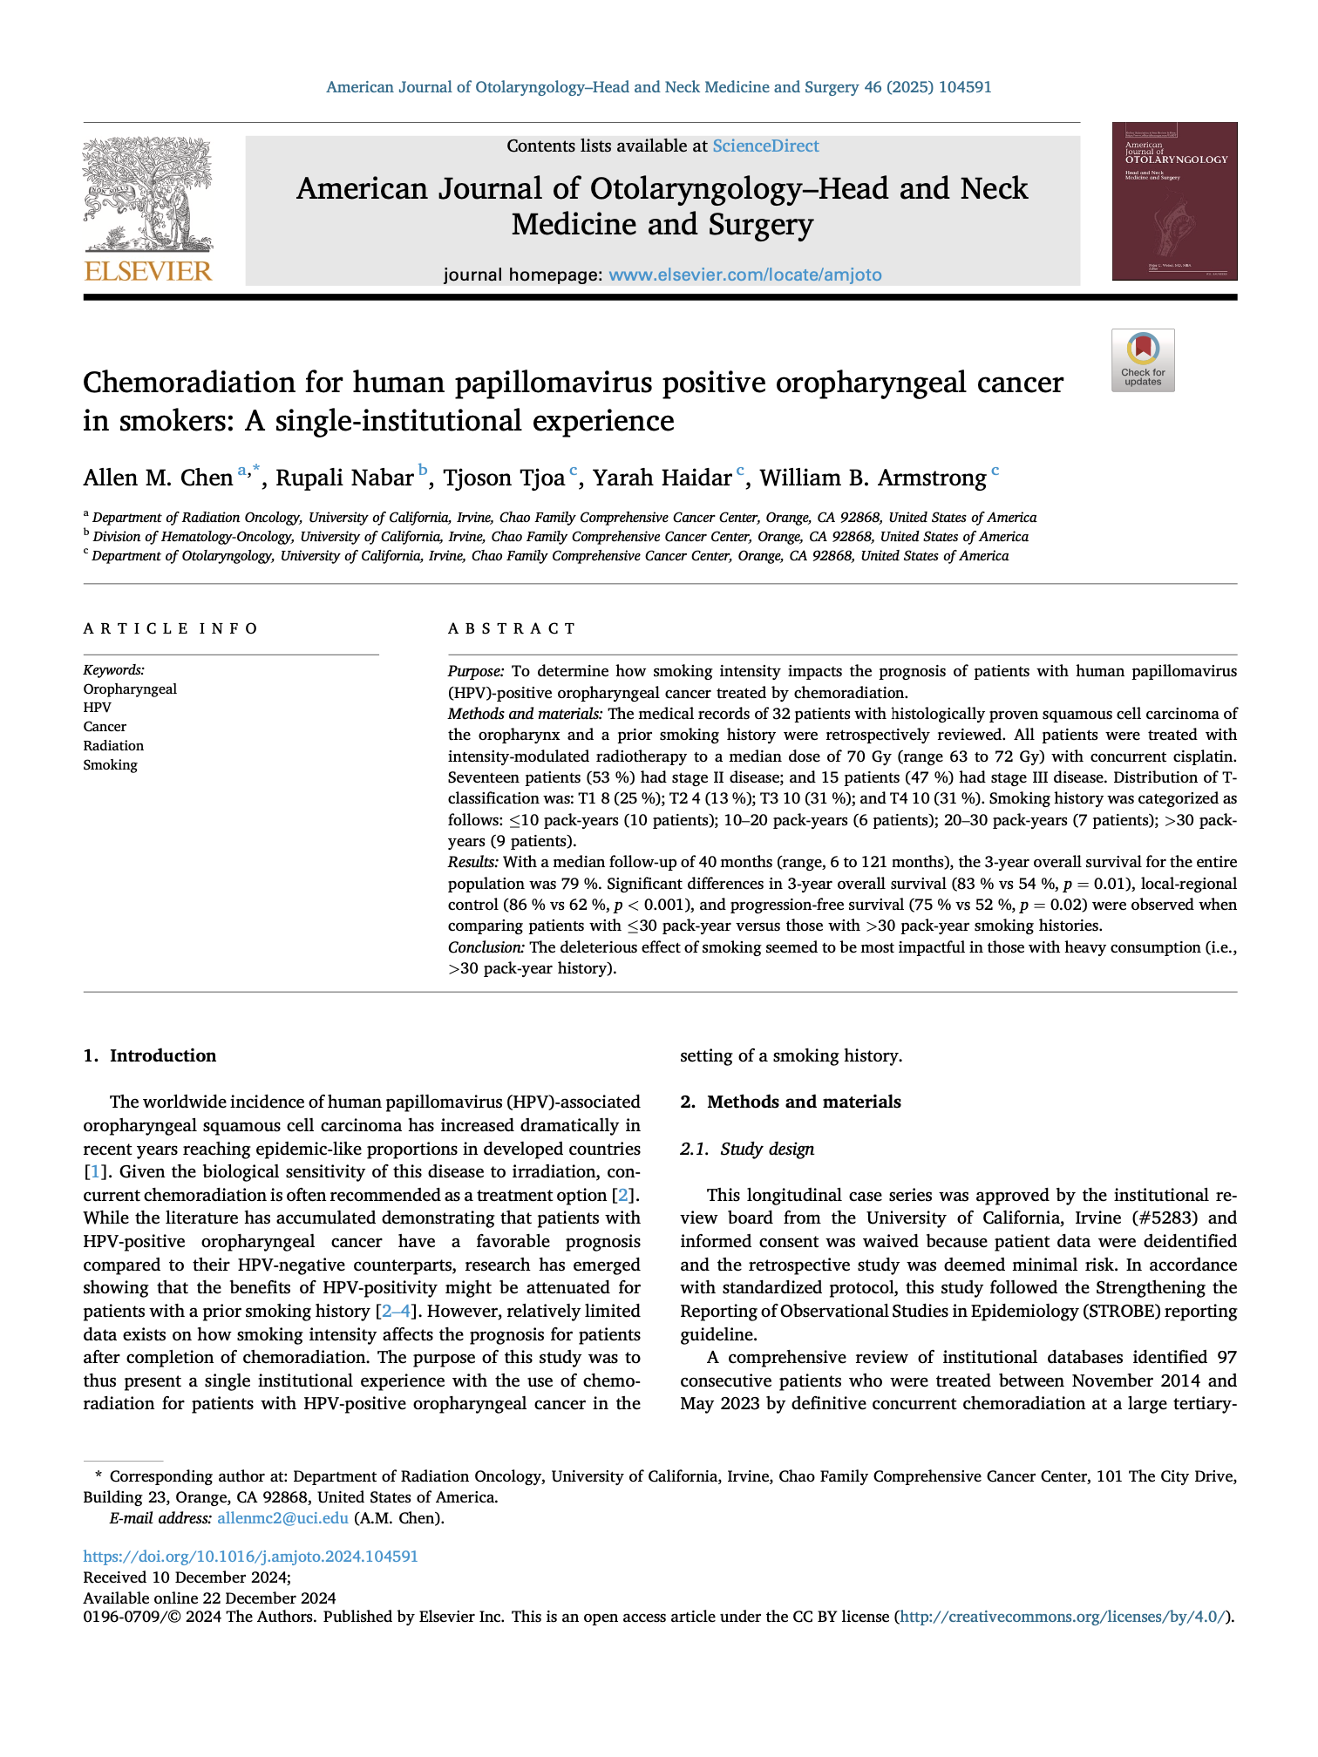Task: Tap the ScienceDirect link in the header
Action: coord(765,146)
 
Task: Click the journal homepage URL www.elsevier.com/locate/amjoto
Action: coord(744,275)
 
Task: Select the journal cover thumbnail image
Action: coord(1173,201)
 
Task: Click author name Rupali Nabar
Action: coord(344,478)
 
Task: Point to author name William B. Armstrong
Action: coord(873,478)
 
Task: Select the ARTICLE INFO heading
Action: coord(171,629)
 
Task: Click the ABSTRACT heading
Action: coord(512,629)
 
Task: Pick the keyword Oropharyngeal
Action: coord(130,689)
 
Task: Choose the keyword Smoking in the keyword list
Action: coord(111,765)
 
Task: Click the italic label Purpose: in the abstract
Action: coord(476,671)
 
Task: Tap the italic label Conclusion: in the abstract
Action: coord(486,947)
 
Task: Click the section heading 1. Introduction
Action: coord(150,1056)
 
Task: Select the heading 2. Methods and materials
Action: coord(791,1102)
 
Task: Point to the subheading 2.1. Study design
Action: coord(747,1150)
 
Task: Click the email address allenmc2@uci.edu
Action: coord(282,1518)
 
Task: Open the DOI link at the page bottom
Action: coord(251,1557)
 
